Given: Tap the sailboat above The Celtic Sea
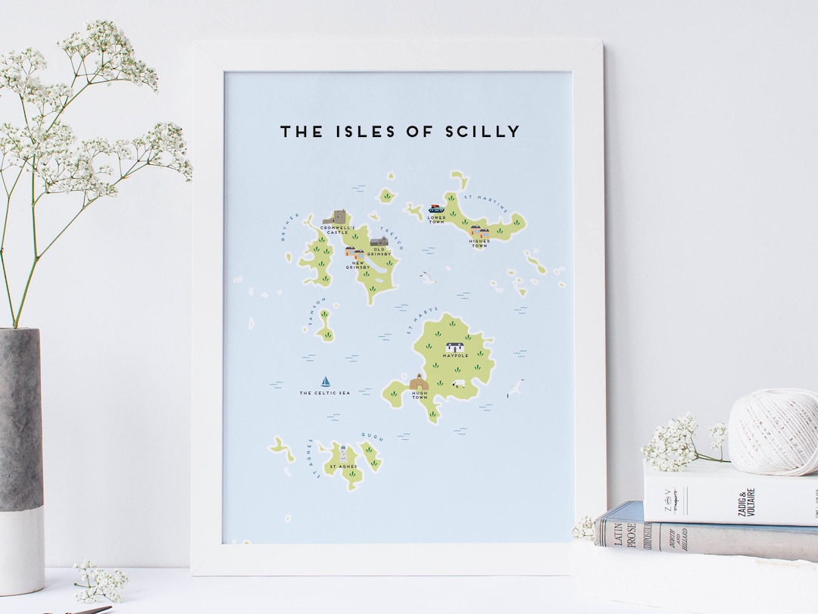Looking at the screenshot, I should click(326, 382).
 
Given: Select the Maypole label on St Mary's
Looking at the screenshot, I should click(456, 355).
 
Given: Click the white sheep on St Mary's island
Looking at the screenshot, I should click(458, 384).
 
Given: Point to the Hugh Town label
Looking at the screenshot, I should click(420, 395).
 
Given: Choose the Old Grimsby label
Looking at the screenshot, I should click(379, 252).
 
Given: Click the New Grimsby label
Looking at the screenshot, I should click(356, 266).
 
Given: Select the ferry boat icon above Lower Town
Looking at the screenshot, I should click(436, 208).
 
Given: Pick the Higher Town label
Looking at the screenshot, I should click(479, 243).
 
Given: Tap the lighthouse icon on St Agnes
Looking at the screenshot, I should click(343, 454).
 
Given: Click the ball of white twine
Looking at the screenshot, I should click(772, 432).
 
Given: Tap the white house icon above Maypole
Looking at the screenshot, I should click(456, 346).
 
